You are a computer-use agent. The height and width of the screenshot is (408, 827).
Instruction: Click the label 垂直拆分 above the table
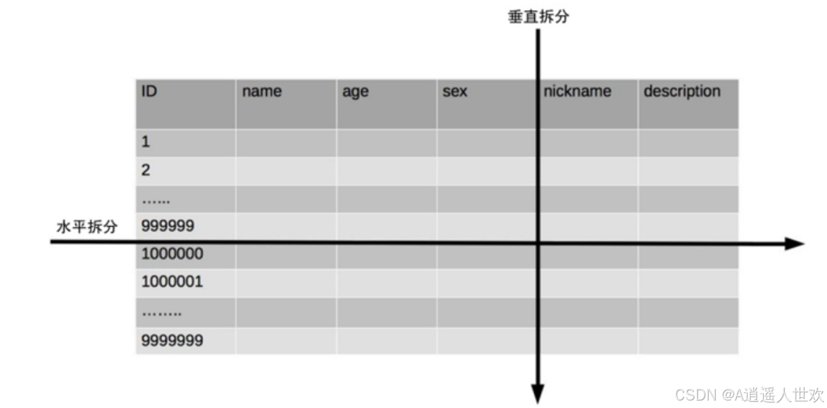[538, 18]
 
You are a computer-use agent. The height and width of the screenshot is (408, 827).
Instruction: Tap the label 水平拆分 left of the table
[86, 227]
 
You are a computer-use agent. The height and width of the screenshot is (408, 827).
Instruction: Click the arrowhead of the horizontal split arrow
[794, 244]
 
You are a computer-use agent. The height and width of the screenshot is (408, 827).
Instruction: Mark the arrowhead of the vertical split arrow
[538, 394]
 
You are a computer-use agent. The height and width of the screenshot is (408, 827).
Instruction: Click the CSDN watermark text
[749, 394]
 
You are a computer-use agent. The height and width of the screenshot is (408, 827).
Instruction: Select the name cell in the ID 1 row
[286, 143]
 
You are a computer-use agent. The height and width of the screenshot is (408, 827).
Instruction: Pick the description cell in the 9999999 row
[688, 341]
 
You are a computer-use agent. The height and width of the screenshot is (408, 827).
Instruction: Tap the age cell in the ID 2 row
[386, 170]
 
